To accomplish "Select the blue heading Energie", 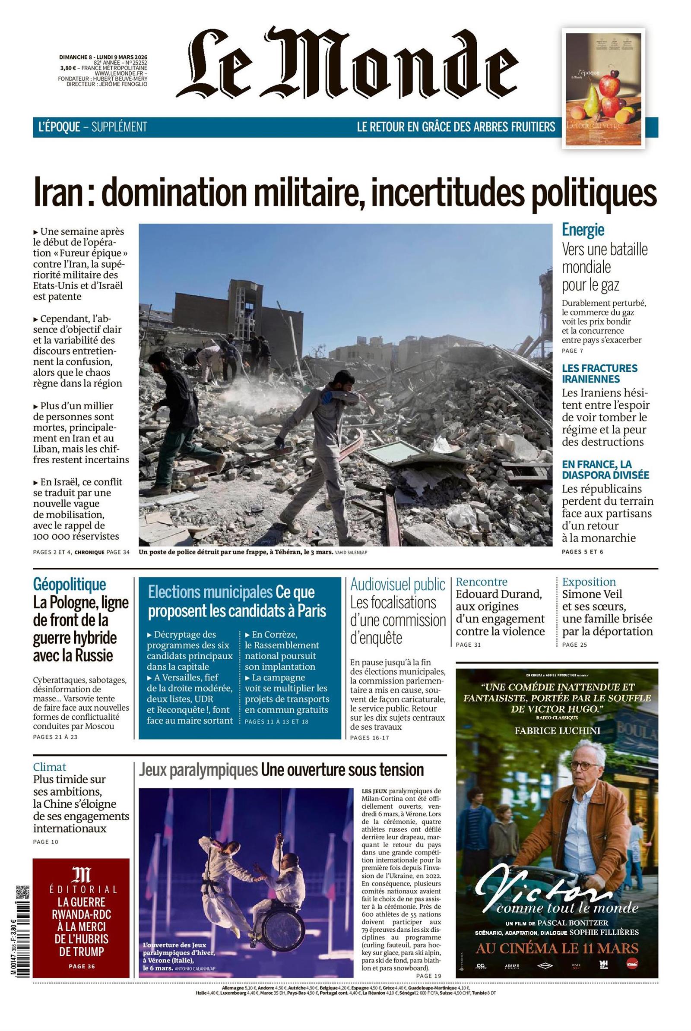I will tap(583, 230).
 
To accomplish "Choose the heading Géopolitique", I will tap(69, 584).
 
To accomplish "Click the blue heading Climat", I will tap(49, 767).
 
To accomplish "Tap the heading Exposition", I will tap(589, 582).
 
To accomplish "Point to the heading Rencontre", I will tap(481, 582).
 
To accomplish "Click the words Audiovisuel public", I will tap(397, 585).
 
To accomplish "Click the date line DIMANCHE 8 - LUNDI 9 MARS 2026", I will tap(103, 57).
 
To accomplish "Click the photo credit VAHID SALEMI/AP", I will tap(351, 552).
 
